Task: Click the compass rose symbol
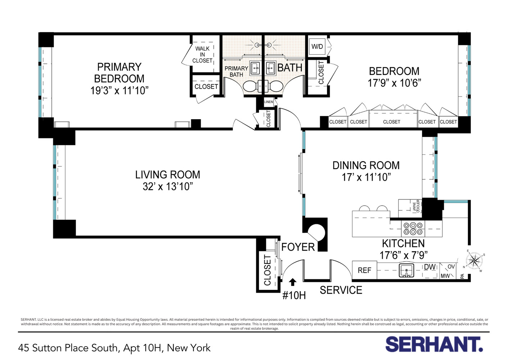point(474,261)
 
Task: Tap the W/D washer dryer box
point(317,46)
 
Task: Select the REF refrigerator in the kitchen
point(364,270)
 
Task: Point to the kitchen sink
point(406,270)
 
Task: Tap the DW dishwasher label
point(430,267)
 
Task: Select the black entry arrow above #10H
point(292,282)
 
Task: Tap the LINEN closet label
point(268,102)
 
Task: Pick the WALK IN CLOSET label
point(202,55)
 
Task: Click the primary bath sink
point(255,67)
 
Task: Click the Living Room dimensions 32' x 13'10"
point(168,186)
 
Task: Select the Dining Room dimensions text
point(366,177)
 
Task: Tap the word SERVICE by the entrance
point(341,290)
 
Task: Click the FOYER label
point(298,247)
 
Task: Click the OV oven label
point(451,267)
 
